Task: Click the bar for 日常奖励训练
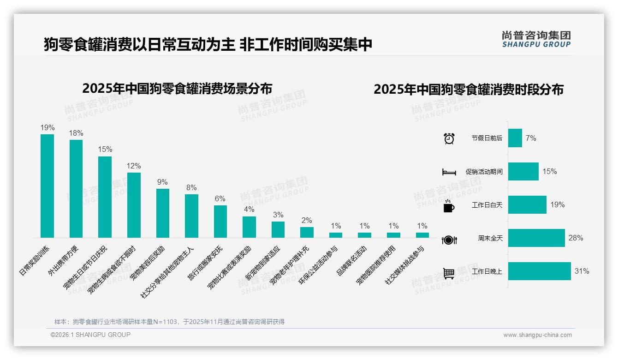point(47,186)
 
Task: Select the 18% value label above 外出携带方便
point(76,133)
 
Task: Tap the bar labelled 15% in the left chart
point(105,197)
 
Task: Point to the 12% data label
point(134,166)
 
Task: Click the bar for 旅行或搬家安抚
point(220,222)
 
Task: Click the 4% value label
point(249,210)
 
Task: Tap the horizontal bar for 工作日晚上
point(539,271)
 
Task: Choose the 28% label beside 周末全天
point(576,238)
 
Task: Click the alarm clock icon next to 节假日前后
point(449,138)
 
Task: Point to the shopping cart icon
point(449,273)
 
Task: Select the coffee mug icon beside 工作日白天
point(449,206)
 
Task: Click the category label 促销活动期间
point(484,172)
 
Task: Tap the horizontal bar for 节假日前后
point(515,138)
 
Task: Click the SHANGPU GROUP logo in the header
point(536,39)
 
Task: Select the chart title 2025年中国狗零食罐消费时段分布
point(469,89)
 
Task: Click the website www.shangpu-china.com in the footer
point(537,335)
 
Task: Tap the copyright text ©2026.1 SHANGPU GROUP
point(90,335)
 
